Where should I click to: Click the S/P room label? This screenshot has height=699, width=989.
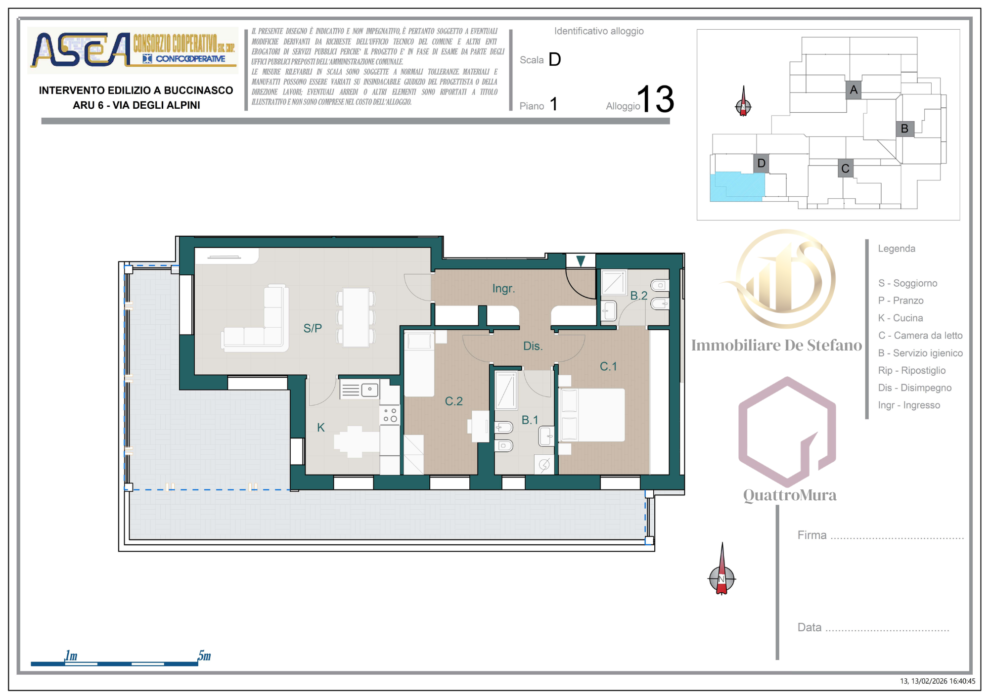[x=313, y=328]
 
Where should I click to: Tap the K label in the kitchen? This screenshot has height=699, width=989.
[x=321, y=428]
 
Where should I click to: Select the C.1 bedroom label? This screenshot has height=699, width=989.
[x=608, y=366]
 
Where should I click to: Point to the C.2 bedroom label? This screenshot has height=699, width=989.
[x=453, y=401]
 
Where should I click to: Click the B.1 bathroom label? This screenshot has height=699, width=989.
[x=530, y=420]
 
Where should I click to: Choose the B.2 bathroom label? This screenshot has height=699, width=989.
[x=638, y=296]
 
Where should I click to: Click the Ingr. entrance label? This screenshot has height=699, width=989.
[x=503, y=289]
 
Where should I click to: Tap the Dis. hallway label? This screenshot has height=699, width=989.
[x=533, y=346]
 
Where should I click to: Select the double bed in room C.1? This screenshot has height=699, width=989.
[x=592, y=415]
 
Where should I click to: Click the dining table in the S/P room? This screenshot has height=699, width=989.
[x=356, y=317]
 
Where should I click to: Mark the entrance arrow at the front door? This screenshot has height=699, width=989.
[x=581, y=261]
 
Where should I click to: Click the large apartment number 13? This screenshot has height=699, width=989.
[x=655, y=99]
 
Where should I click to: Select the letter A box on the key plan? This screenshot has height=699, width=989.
[x=854, y=90]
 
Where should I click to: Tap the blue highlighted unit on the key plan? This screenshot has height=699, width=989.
[x=737, y=187]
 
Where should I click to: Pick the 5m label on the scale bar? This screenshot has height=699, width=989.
[x=204, y=655]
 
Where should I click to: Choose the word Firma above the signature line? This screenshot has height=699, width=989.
[x=812, y=535]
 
